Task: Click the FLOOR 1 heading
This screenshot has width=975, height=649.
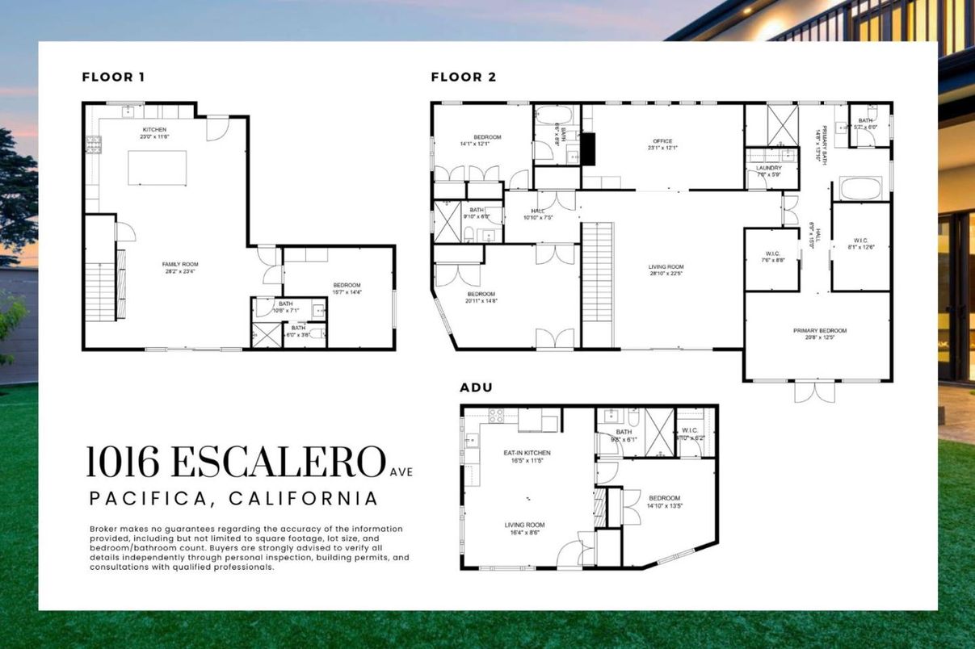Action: (x=113, y=77)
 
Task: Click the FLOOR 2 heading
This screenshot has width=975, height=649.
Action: (x=463, y=77)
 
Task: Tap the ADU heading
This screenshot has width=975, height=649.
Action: (x=476, y=387)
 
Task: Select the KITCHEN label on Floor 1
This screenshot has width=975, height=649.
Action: (x=154, y=129)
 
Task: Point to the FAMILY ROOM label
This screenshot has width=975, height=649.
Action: (x=181, y=264)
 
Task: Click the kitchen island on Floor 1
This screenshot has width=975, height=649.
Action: (x=157, y=168)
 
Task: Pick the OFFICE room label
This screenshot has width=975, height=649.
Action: (x=662, y=141)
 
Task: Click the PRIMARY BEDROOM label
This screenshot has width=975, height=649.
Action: (x=819, y=330)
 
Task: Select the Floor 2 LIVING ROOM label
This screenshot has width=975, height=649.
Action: (x=666, y=267)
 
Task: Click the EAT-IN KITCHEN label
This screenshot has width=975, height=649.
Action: (x=527, y=453)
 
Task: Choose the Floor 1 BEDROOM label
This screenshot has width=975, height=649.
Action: (x=347, y=285)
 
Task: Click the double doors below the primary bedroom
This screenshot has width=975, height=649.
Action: (x=813, y=391)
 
